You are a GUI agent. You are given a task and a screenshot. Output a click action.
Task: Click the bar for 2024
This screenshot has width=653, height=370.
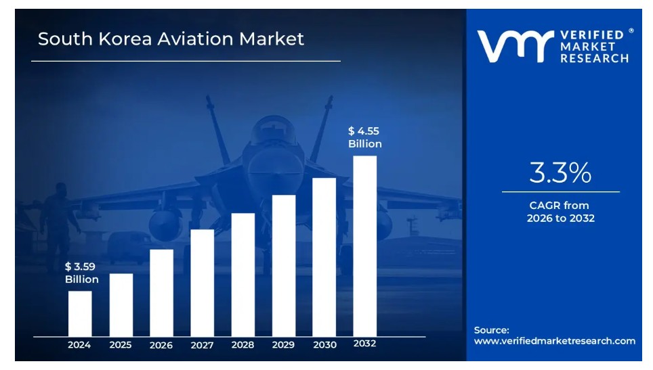click(x=80, y=313)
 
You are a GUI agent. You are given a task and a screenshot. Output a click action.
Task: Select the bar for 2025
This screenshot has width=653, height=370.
click(x=121, y=304)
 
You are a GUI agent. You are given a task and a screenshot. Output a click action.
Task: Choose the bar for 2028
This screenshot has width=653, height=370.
click(x=243, y=274)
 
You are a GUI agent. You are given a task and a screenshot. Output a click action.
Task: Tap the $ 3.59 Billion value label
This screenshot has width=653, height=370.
click(x=81, y=273)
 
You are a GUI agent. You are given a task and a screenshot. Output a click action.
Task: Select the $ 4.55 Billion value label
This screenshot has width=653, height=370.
click(x=364, y=137)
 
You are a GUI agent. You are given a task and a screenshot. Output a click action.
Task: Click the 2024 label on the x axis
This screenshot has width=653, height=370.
click(x=79, y=345)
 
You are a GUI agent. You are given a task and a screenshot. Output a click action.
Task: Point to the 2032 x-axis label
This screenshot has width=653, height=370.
click(x=364, y=344)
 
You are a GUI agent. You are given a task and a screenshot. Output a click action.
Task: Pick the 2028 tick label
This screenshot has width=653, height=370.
click(x=243, y=345)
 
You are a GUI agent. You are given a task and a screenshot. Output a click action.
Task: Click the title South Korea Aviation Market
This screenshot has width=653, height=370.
click(x=171, y=39)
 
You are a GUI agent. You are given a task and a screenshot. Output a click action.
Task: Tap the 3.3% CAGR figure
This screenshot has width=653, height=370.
click(x=560, y=174)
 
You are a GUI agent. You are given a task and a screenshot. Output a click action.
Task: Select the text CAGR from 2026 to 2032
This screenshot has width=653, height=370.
click(x=560, y=212)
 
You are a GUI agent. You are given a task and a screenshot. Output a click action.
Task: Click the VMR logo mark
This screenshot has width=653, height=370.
click(x=512, y=46)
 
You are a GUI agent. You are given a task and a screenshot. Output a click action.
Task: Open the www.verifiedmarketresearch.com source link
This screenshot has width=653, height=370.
click(x=554, y=341)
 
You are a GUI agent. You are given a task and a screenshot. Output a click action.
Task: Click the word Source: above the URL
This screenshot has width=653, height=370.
click(x=491, y=330)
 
